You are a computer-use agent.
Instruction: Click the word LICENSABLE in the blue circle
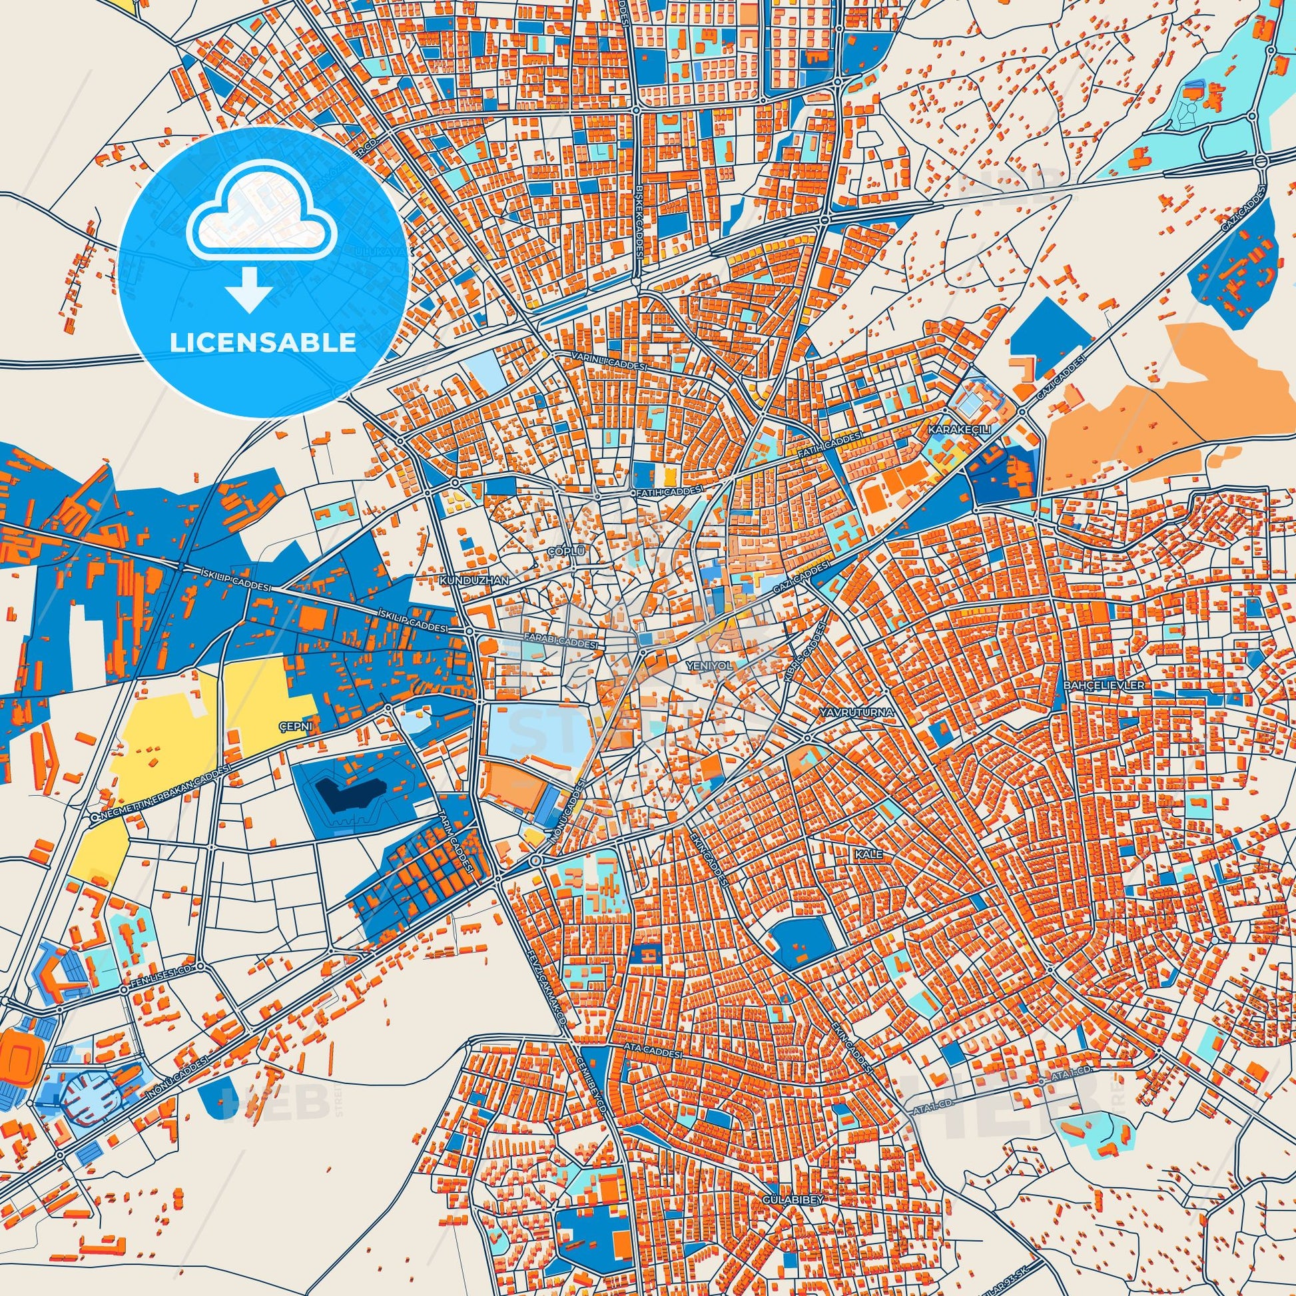(x=262, y=343)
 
